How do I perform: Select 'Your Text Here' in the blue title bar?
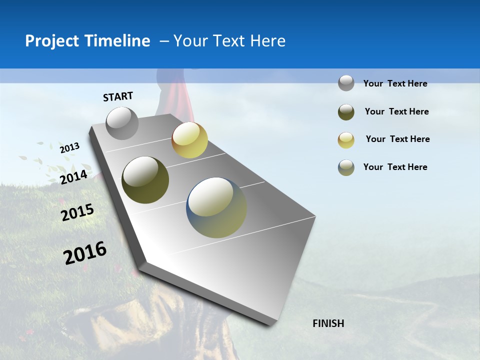(x=229, y=41)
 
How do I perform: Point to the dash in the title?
(x=164, y=41)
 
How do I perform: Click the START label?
(x=118, y=96)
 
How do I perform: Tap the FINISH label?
(x=328, y=323)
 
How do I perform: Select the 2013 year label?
(x=69, y=148)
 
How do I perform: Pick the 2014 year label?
(x=73, y=177)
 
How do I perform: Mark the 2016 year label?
(x=85, y=253)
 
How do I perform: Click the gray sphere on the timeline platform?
(x=122, y=123)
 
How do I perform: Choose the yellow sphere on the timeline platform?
(x=189, y=140)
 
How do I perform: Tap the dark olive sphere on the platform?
(x=145, y=180)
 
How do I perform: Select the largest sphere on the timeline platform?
(x=216, y=207)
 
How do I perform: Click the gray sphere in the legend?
(x=346, y=83)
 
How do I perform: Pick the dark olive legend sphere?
(x=346, y=112)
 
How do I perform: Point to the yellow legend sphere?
(x=346, y=140)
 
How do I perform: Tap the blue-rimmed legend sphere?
(x=346, y=167)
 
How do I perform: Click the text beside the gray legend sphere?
(x=395, y=83)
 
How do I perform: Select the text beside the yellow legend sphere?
(x=397, y=139)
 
